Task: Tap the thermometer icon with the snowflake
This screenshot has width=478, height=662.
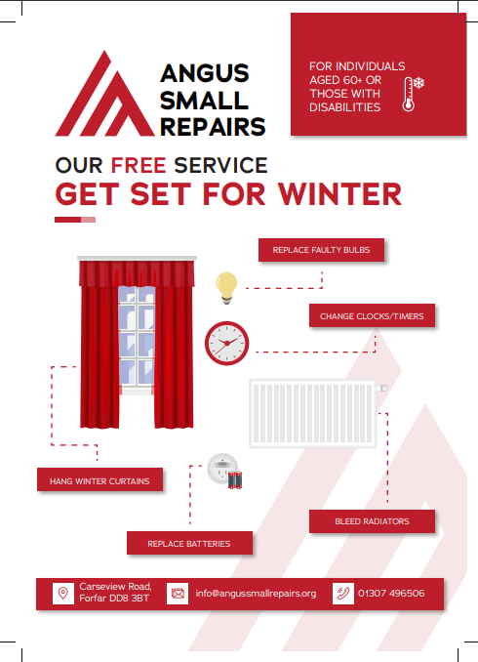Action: point(412,94)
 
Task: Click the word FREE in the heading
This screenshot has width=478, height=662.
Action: point(139,165)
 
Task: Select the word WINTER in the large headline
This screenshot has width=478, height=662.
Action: point(339,194)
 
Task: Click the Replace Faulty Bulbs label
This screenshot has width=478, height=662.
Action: point(321,250)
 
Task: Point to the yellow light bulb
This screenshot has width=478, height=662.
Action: point(226,287)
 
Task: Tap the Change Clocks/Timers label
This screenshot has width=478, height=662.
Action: point(372,315)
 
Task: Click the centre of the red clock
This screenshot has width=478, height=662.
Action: point(227,344)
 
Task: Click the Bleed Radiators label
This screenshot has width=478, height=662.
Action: point(372,521)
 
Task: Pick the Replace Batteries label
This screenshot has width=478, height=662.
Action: point(189,543)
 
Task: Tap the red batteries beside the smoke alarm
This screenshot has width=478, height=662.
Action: point(235,480)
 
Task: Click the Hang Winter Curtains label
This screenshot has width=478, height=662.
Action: point(100,481)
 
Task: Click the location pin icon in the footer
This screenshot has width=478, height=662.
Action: point(63,594)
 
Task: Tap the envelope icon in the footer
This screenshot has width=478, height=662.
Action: point(178,594)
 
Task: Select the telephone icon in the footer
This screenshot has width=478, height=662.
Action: point(343,594)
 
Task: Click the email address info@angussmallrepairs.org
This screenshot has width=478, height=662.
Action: point(256,594)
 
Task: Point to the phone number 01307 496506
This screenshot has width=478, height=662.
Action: point(391,594)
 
